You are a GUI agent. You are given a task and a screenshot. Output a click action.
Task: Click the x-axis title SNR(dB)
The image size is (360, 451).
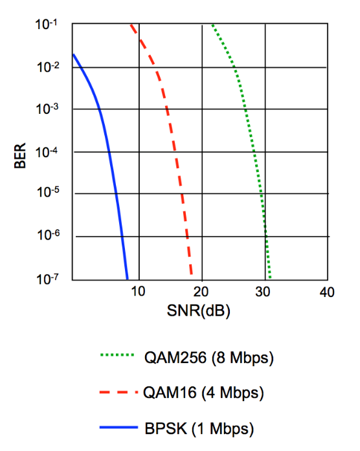click(x=200, y=310)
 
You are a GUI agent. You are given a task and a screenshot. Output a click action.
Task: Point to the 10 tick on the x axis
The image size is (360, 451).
click(x=138, y=292)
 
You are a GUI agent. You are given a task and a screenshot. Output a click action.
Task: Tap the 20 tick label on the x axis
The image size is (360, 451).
click(x=201, y=292)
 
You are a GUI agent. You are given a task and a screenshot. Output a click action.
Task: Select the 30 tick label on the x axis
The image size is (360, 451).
click(x=264, y=292)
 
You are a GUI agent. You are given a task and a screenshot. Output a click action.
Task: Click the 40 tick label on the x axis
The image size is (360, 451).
click(x=327, y=292)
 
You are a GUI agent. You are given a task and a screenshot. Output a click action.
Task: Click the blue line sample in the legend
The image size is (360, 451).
click(x=119, y=428)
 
